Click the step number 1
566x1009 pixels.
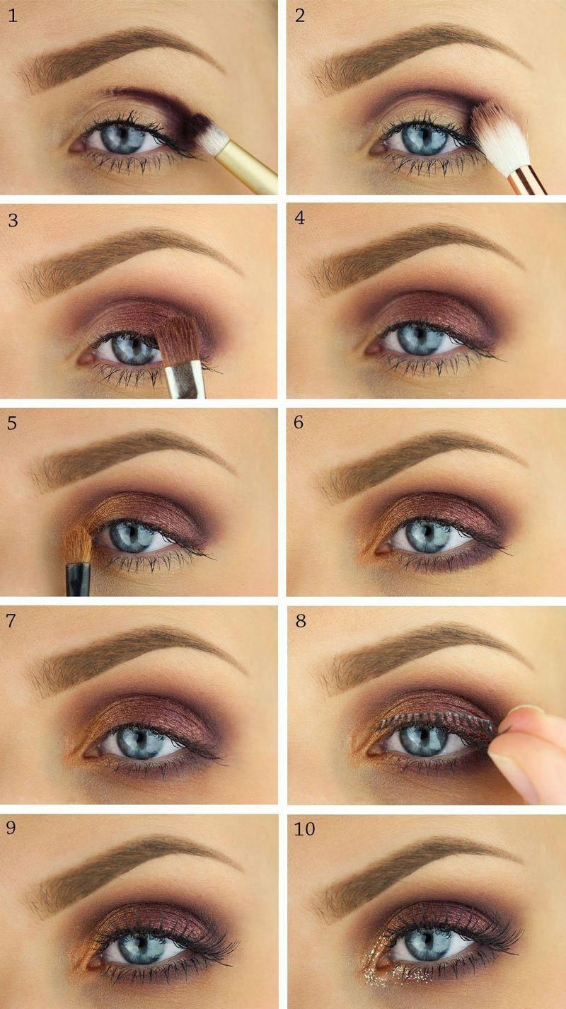click(13, 16)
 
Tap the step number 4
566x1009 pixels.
click(300, 218)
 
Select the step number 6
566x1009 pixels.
click(299, 422)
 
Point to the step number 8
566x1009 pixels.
click(301, 621)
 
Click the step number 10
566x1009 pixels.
click(304, 828)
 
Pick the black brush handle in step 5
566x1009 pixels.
click(78, 578)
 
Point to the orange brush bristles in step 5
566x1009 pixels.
click(79, 545)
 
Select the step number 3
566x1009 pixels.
click(13, 220)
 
